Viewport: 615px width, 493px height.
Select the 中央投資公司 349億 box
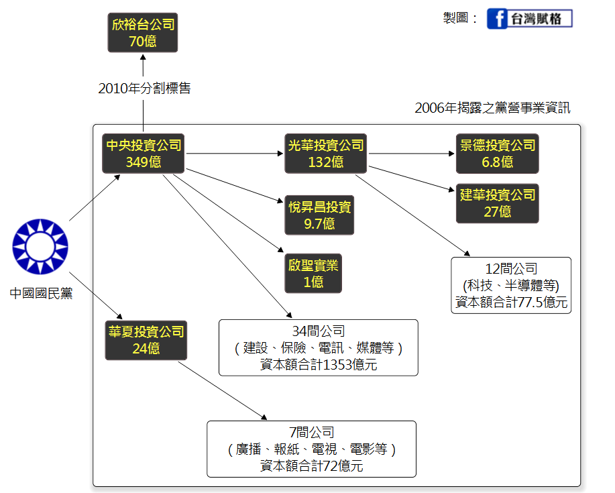(x=144, y=154)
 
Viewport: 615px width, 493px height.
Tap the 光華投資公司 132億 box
(x=326, y=154)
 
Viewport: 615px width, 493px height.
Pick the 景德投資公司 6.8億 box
(x=498, y=154)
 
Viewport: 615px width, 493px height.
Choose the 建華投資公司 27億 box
(x=498, y=203)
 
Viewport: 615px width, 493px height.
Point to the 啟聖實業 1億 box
(x=313, y=273)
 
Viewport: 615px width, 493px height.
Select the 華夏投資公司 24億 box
(x=145, y=340)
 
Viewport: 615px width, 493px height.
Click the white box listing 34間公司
(x=318, y=347)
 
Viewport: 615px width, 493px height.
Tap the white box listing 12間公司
(x=511, y=285)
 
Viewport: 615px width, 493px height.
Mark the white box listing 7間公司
(x=311, y=449)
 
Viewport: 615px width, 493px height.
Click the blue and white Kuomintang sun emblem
(x=40, y=245)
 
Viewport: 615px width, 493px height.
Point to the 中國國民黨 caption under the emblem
(x=41, y=293)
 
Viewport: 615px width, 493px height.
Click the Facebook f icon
(x=496, y=19)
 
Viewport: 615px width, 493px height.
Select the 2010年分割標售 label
(x=144, y=88)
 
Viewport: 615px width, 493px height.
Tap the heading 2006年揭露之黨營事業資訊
(x=492, y=107)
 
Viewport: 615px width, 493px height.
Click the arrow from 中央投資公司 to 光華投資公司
(x=235, y=154)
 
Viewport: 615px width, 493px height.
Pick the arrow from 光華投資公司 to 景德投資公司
(x=412, y=154)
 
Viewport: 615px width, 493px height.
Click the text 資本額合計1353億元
(x=319, y=365)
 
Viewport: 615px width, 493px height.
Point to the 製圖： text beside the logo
(x=460, y=19)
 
